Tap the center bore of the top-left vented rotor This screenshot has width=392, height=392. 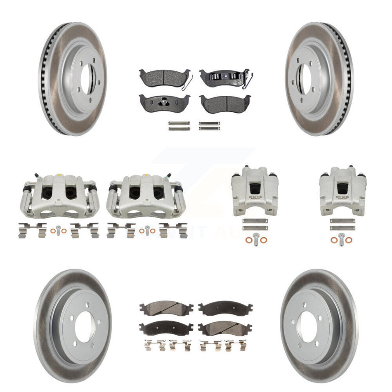pyautogui.click(x=87, y=79)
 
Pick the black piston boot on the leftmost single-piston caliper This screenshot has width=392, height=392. pyautogui.click(x=254, y=188)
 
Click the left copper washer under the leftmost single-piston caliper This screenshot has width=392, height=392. pyautogui.click(x=247, y=240)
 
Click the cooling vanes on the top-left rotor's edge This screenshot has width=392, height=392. pyautogui.click(x=45, y=78)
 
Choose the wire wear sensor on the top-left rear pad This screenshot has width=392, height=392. pyautogui.click(x=188, y=82)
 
